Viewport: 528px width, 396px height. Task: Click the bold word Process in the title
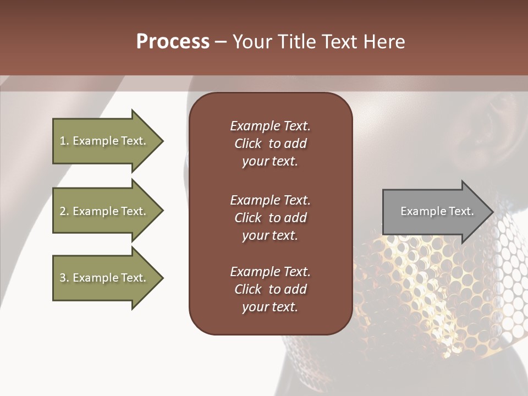(173, 42)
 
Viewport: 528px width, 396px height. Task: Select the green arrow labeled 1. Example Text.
(105, 141)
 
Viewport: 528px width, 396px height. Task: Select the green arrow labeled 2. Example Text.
(105, 211)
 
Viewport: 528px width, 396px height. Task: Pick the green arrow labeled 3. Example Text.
(105, 278)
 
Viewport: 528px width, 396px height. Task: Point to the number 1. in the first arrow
(64, 141)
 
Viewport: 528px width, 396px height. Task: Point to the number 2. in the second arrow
(64, 211)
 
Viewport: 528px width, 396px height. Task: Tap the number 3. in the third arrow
(64, 278)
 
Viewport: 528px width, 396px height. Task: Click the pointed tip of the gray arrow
(491, 211)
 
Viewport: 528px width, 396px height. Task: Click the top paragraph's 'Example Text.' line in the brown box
(270, 126)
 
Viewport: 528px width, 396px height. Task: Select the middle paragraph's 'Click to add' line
(270, 218)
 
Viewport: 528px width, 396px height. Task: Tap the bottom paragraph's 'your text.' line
(270, 307)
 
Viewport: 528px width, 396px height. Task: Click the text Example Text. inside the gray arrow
(437, 211)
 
